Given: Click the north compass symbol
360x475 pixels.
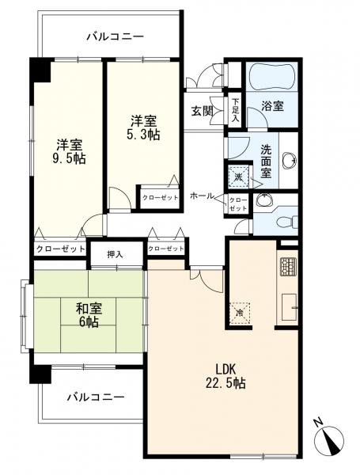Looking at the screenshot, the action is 329,439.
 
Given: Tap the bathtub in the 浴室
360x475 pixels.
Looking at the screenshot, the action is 271,77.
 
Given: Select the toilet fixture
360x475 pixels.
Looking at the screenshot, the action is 287,221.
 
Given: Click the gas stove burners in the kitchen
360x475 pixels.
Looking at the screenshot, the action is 288,267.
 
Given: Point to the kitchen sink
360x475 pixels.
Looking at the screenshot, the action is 290,307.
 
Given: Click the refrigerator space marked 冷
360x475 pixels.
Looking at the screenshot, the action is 240,313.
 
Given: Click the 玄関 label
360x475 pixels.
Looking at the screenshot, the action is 202,112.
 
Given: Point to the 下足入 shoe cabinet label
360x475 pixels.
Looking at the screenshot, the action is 235,110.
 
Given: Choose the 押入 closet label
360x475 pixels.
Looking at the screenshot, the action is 116,255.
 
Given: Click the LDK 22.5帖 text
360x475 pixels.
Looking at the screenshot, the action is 225,376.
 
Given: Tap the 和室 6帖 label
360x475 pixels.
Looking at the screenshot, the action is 89,315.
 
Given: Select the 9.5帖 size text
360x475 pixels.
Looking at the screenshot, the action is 69,158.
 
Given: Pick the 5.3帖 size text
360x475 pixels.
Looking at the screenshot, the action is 143,135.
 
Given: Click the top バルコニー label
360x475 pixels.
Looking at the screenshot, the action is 116,37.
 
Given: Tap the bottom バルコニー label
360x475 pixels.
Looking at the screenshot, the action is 96,397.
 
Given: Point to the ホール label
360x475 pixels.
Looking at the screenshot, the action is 202,196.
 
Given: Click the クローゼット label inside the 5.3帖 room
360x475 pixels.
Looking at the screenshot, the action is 160,198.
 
